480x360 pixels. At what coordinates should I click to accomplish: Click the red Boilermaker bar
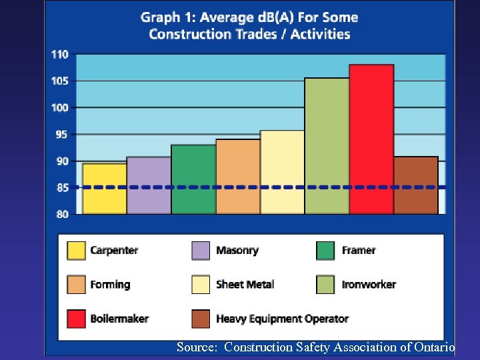(371, 139)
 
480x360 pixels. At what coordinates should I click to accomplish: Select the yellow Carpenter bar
(105, 189)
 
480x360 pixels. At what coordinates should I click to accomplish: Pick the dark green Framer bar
(193, 179)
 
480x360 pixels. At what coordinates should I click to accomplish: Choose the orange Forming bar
(238, 177)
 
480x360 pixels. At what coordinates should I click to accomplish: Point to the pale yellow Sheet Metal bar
(282, 172)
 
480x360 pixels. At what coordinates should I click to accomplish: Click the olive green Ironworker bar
(327, 146)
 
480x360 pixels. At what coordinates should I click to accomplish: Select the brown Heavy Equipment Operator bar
(416, 185)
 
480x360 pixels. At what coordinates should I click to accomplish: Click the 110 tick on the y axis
(60, 55)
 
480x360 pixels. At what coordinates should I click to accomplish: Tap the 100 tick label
(60, 107)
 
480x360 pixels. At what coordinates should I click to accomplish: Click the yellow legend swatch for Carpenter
(76, 251)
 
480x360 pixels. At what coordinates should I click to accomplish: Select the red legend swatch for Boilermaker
(76, 319)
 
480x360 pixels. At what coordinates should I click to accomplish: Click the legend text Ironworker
(369, 285)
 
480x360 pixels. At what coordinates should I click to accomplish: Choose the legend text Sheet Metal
(245, 285)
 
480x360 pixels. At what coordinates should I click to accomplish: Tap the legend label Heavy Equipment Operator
(282, 319)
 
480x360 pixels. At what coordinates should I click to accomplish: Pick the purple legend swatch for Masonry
(201, 251)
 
